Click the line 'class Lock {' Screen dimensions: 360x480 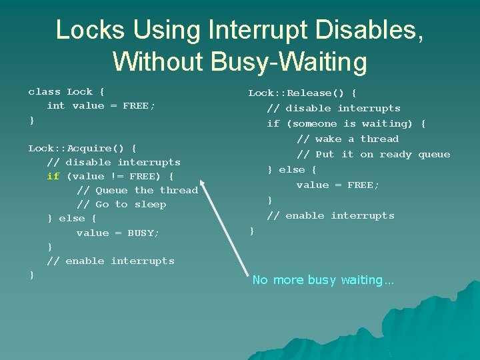tap(66, 92)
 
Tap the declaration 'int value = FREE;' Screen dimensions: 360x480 tap(101, 106)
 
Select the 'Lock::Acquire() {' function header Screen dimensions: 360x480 tap(83, 148)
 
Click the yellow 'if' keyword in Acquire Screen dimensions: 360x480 tap(53, 177)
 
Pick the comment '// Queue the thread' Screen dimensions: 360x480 tap(137, 191)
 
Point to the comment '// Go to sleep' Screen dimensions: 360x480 tap(121, 205)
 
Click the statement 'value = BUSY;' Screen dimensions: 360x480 tap(118, 233)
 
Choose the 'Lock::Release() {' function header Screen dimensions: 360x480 tap(302, 93)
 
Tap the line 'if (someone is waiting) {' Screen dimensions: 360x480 tap(346, 124)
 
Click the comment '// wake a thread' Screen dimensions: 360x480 tap(347, 139)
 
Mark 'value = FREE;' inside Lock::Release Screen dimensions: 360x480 tap(338, 185)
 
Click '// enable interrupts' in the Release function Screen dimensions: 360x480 tap(331, 216)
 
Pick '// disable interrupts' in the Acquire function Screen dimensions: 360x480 tap(113, 163)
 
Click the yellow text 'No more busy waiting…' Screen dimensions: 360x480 tap(323, 280)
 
